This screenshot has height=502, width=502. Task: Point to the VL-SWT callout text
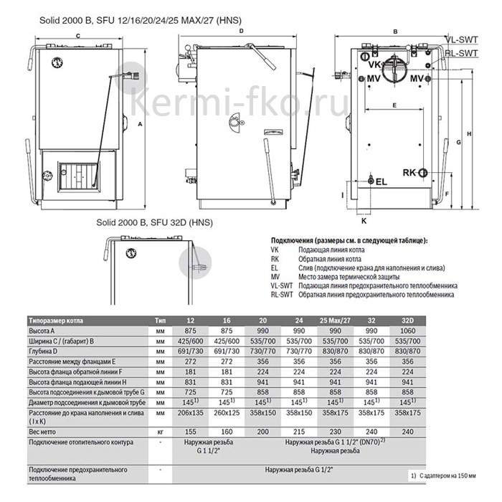click(461, 42)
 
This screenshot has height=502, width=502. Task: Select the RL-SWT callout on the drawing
click(461, 53)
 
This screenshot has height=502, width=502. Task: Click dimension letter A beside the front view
click(140, 124)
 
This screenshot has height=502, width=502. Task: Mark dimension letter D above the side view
click(242, 32)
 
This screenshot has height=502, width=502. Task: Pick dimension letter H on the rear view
click(468, 134)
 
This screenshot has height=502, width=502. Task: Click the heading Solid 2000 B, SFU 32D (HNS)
click(151, 223)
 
